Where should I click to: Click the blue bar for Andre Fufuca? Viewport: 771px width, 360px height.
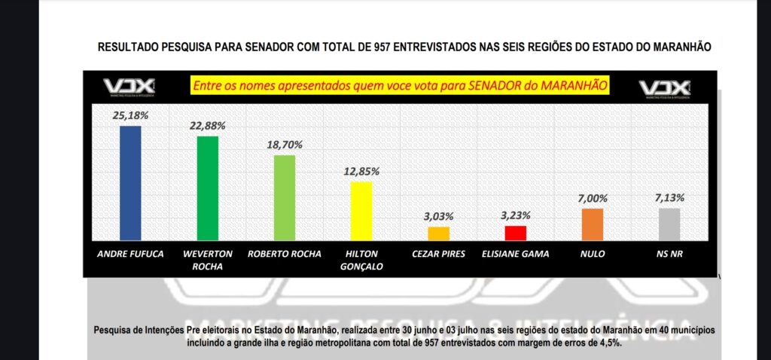click(131, 182)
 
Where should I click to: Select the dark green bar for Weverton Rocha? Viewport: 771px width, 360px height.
click(207, 188)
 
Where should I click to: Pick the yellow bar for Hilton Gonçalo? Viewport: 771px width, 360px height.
click(361, 210)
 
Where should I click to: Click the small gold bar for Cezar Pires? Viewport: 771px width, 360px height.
click(438, 233)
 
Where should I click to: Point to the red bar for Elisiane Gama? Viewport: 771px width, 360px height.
click(516, 232)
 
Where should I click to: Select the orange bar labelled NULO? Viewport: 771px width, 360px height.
click(593, 224)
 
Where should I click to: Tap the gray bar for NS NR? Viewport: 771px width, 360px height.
click(669, 224)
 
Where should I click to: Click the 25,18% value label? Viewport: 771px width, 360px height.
click(131, 115)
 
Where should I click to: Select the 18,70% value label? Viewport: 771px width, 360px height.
click(284, 143)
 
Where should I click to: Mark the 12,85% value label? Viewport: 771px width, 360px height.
click(361, 171)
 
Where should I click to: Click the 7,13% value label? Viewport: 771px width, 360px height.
click(669, 197)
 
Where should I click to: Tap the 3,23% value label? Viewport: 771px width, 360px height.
click(516, 215)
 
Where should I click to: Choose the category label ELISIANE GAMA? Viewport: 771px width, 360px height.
click(516, 254)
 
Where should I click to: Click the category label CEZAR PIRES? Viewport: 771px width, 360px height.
click(438, 254)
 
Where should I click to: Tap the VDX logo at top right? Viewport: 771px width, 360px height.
click(665, 89)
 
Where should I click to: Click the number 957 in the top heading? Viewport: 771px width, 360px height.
click(383, 47)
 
